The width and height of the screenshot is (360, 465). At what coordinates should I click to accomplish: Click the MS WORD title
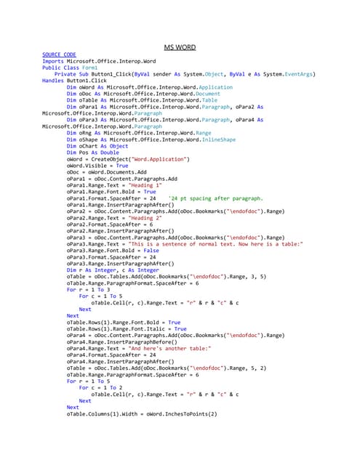[180, 47]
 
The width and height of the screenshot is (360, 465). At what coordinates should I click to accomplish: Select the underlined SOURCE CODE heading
[59, 54]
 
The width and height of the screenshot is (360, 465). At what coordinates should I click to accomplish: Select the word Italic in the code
[141, 328]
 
